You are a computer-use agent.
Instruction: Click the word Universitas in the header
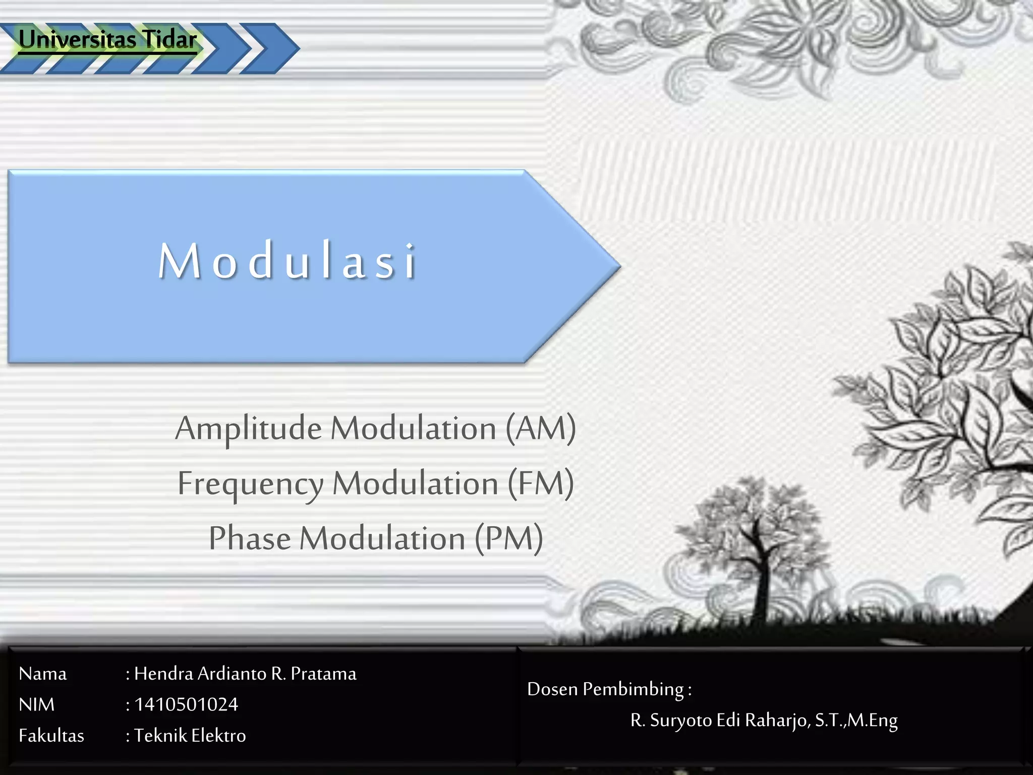77,39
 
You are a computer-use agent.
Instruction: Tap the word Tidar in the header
169,39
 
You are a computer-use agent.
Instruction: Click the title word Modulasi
288,261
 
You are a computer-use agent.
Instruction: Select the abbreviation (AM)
541,429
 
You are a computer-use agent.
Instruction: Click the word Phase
250,538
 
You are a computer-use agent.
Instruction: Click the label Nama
42,674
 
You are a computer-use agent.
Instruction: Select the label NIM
36,705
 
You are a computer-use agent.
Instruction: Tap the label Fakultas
51,736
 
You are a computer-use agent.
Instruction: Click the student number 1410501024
186,705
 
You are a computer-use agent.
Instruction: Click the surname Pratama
323,674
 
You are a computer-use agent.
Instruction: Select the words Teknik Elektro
190,736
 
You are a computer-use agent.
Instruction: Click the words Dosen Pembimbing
605,689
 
